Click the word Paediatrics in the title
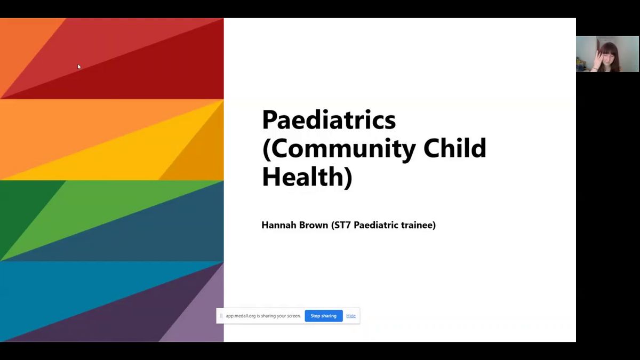click(x=329, y=120)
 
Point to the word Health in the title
click(x=303, y=177)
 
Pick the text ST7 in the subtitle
click(x=342, y=225)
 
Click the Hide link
click(x=351, y=316)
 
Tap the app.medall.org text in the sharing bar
click(x=241, y=316)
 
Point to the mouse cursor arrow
click(x=79, y=67)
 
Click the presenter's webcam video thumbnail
click(x=607, y=54)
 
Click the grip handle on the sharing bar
click(x=221, y=316)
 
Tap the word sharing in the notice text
click(x=268, y=316)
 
